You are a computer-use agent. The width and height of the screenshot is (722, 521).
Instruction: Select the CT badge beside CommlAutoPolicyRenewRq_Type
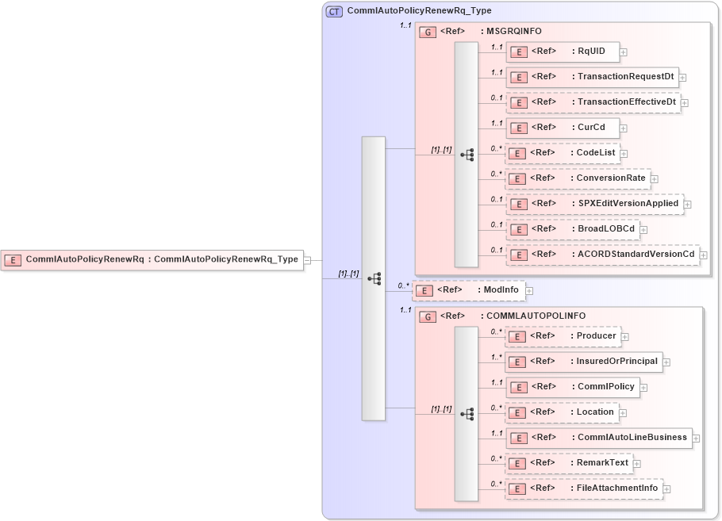335,11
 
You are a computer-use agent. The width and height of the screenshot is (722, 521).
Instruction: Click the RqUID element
563,52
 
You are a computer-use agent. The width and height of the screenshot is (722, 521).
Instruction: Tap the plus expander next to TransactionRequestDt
682,78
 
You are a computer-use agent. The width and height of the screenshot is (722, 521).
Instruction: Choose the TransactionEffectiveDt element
593,102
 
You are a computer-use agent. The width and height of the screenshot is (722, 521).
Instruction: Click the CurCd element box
563,128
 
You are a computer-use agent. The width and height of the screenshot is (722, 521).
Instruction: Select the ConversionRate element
578,178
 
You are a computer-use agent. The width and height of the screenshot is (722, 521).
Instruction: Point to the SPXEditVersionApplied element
595,204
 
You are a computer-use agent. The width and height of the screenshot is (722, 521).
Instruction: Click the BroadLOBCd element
573,229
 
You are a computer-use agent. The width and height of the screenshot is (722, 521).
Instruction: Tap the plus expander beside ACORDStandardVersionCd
703,255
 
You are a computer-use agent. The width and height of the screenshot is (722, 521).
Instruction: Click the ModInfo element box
468,290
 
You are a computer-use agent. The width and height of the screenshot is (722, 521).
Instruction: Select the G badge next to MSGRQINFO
428,33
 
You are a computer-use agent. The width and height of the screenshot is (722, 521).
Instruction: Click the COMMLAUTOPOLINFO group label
536,316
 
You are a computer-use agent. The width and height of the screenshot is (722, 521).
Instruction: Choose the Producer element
563,336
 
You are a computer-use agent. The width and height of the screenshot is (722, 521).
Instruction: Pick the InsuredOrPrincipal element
584,362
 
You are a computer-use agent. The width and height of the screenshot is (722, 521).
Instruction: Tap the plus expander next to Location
623,413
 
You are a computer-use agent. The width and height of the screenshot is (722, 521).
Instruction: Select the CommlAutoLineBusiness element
599,438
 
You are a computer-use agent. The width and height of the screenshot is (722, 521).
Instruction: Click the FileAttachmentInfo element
584,488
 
